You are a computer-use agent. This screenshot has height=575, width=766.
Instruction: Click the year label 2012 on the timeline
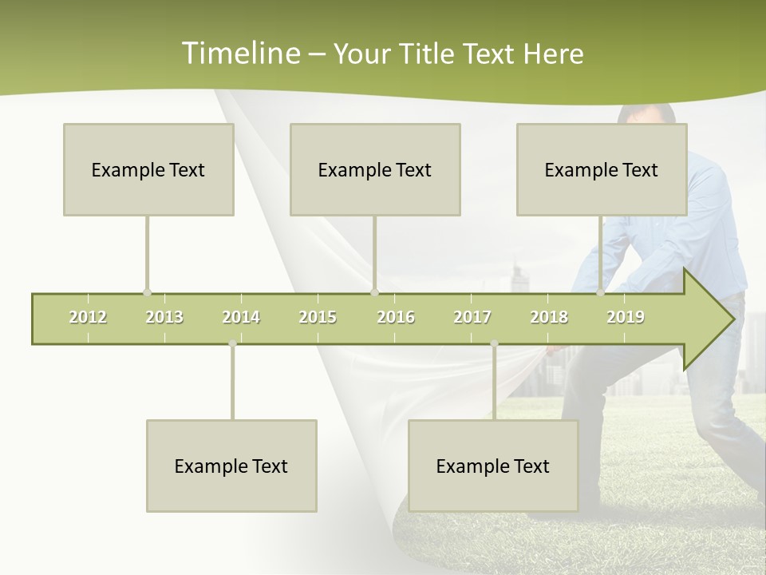(x=88, y=317)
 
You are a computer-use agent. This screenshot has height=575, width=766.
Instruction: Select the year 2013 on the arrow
(x=164, y=317)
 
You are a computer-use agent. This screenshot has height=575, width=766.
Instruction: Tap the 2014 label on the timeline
(x=241, y=317)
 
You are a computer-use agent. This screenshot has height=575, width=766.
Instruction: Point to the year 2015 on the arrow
(x=318, y=317)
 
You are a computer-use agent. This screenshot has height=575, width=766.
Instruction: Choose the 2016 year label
(x=396, y=317)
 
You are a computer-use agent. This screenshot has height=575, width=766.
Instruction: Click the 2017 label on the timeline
(x=472, y=317)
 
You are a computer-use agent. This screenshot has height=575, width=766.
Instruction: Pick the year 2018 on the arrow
(x=549, y=317)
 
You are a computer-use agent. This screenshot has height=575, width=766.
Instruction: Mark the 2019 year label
(x=626, y=317)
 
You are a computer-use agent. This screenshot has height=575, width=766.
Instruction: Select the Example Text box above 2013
(x=148, y=169)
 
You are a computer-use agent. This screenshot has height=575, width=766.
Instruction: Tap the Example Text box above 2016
(x=375, y=169)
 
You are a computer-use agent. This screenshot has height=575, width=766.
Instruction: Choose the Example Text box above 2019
(x=602, y=169)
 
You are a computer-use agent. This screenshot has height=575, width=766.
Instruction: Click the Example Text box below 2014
(x=231, y=466)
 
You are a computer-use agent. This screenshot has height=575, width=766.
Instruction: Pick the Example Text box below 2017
(x=493, y=466)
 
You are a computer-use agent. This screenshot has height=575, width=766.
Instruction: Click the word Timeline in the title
(x=239, y=54)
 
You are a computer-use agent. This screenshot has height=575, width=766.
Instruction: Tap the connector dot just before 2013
(x=147, y=292)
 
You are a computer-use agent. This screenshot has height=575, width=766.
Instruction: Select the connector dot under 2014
(x=232, y=343)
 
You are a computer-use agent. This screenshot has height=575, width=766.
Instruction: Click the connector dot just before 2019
(x=600, y=292)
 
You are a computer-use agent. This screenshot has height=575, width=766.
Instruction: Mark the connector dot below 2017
(x=494, y=343)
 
